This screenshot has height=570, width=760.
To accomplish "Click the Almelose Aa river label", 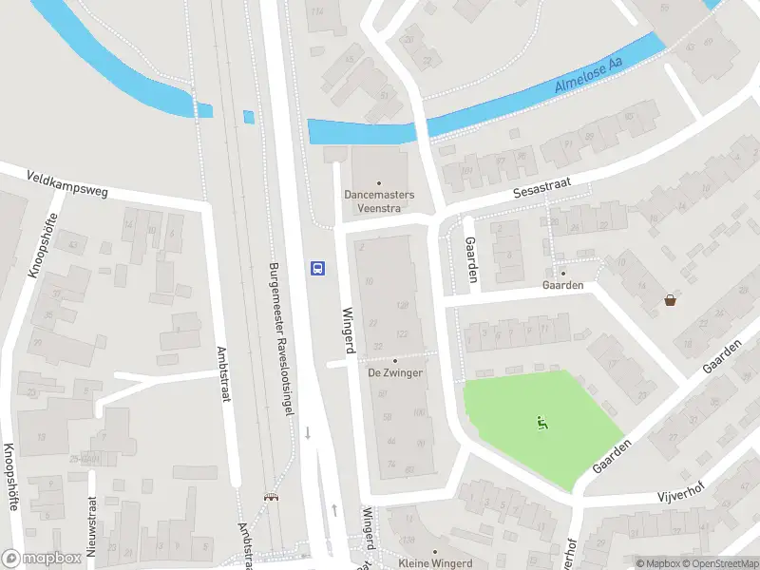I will click(588, 75).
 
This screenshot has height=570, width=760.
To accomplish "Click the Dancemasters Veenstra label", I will click(379, 201).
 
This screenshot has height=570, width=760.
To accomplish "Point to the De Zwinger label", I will click(395, 372).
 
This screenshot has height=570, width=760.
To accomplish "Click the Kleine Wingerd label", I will click(435, 563).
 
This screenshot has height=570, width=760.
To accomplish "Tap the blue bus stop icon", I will click(318, 268).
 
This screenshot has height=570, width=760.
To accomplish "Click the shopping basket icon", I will click(672, 301).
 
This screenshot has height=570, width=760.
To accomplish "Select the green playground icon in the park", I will click(542, 424).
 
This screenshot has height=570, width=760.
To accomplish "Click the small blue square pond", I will click(249, 117).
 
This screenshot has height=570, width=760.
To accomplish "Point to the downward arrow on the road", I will click(308, 433).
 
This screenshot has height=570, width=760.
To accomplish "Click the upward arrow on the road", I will click(334, 510).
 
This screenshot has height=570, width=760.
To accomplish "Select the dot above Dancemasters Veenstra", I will click(379, 183).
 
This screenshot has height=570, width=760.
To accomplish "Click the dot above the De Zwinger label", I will click(395, 360).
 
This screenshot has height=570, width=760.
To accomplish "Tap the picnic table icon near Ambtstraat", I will click(272, 497).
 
